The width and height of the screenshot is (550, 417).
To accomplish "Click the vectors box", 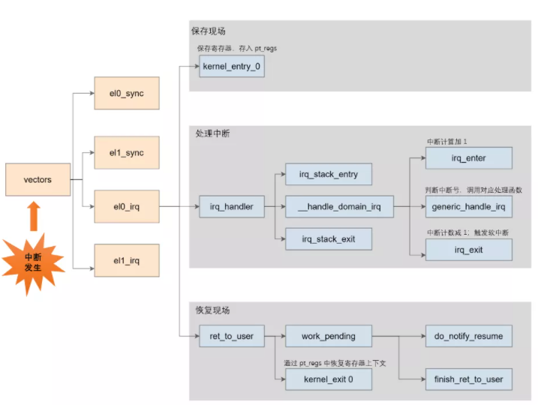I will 38,180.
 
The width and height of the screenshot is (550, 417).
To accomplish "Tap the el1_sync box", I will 126,153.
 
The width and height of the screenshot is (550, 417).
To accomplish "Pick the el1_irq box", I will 126,260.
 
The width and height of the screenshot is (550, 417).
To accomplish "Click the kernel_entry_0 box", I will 232,68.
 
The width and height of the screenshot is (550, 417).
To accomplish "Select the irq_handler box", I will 232,206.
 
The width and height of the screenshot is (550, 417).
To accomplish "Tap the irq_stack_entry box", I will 329,174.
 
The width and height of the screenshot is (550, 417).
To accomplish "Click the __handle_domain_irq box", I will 339,206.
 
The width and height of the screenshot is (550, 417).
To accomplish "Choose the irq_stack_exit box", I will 329,239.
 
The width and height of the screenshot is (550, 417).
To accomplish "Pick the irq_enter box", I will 469,157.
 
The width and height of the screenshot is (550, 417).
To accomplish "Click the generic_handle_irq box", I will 469,206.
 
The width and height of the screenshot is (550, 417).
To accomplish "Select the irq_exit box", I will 469,250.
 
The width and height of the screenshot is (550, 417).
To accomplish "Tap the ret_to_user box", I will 232,336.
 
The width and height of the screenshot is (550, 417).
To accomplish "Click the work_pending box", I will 329,336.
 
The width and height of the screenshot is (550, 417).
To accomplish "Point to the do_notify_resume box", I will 469,336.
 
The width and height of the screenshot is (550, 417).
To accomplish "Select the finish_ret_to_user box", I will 469,379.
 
